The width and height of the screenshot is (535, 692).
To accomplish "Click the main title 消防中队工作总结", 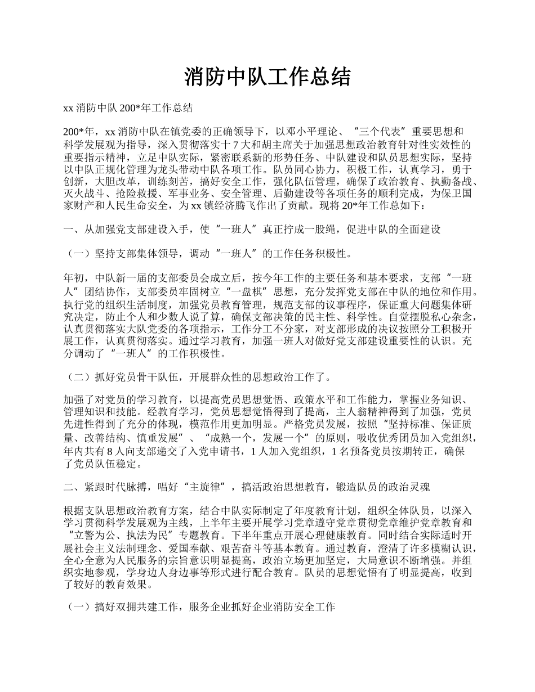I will click(267, 78).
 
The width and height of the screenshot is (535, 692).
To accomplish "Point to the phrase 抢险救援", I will click(136, 194).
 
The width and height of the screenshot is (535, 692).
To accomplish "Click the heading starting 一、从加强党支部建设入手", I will click(252, 229).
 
